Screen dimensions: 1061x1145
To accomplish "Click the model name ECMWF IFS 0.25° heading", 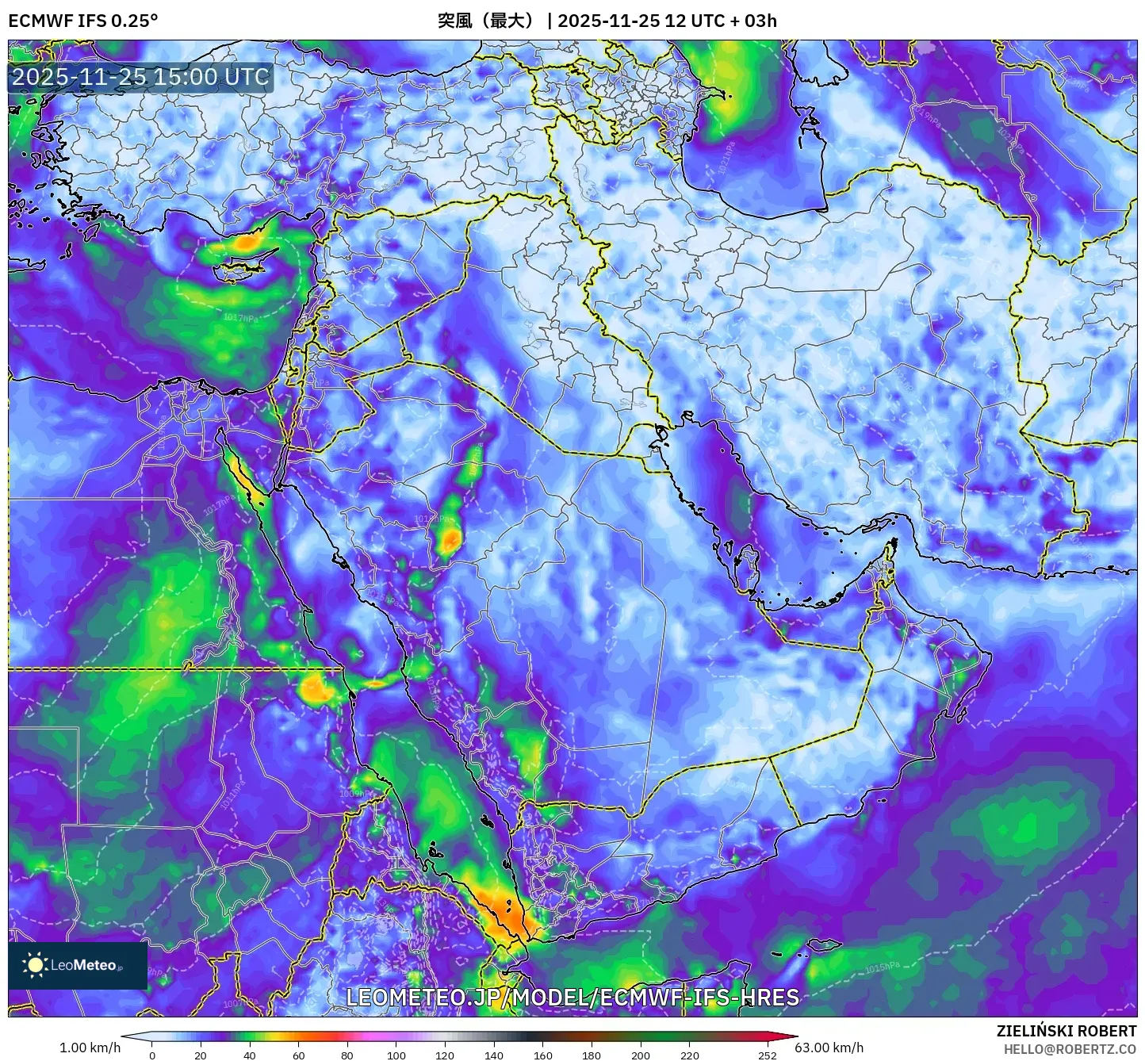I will coord(82,21).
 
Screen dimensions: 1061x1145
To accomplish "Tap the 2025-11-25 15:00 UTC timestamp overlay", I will coord(140,77).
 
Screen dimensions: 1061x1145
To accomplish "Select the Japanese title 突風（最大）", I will coord(486,21).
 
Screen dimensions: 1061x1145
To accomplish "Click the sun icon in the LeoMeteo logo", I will coord(36,965).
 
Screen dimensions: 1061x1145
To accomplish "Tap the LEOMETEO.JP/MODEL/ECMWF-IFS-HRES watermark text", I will coord(572,997).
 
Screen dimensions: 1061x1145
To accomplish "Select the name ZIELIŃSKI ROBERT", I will coord(1066,1031).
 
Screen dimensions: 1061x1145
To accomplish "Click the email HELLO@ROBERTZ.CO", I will coord(1070,1048).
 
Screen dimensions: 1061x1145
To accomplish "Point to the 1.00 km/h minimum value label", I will coord(90,1048).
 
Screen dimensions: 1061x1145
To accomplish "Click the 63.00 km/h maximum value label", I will coord(829,1048).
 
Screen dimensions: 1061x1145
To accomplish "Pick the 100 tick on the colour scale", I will coord(396,1055).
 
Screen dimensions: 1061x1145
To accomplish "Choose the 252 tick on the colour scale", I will coord(767,1055).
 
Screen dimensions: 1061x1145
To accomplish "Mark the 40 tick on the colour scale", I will coord(250,1055).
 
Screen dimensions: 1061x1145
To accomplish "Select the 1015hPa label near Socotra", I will coord(882,968).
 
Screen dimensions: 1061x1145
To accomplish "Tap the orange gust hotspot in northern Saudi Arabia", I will coord(450,541).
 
